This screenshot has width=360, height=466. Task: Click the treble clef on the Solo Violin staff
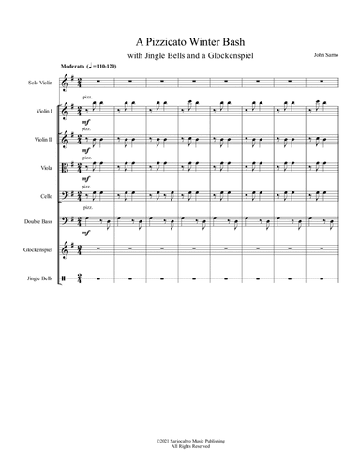pyautogui.click(x=65, y=83)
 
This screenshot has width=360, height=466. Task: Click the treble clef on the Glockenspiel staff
pyautogui.click(x=65, y=251)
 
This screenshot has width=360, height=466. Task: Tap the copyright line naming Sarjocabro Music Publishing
pyautogui.click(x=180, y=438)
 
